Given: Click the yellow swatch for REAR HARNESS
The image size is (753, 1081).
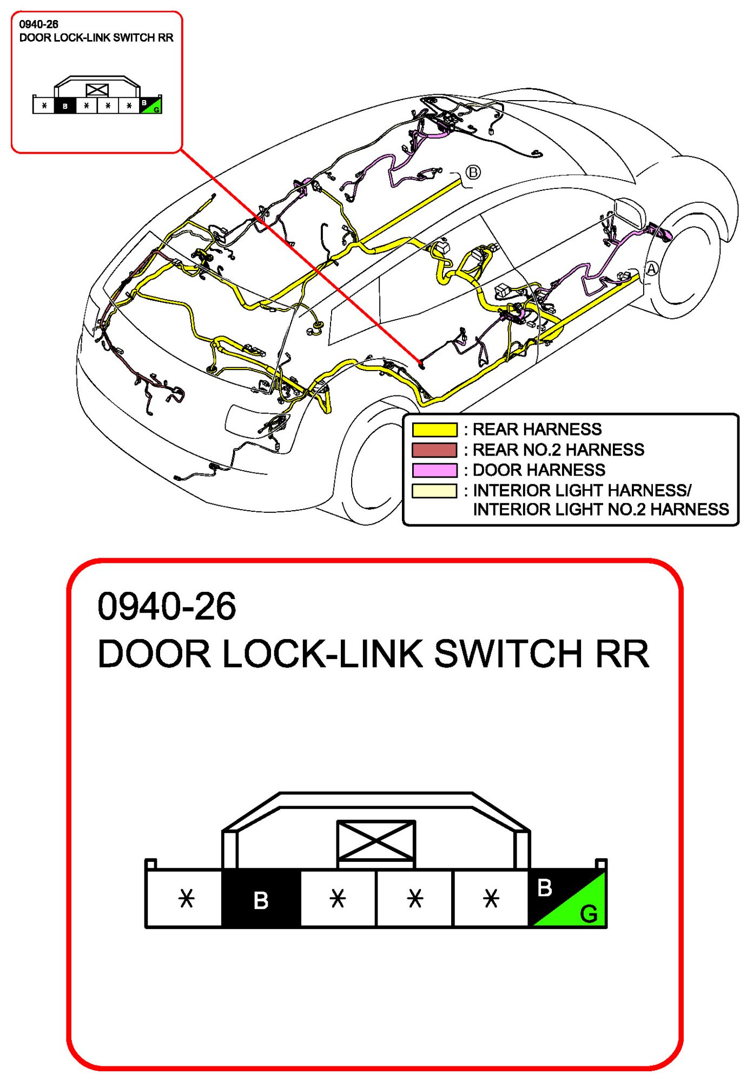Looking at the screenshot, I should pyautogui.click(x=434, y=430).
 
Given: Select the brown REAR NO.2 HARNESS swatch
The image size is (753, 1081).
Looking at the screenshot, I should pyautogui.click(x=434, y=450).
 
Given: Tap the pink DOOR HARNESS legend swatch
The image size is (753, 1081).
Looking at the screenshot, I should pyautogui.click(x=434, y=470).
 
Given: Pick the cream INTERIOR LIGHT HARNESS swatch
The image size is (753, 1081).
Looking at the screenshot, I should pyautogui.click(x=434, y=491).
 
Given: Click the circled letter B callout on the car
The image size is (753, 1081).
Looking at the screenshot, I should pyautogui.click(x=473, y=172).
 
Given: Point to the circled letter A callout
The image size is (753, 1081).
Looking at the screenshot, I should pyautogui.click(x=652, y=268).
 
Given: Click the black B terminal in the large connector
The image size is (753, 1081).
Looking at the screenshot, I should pyautogui.click(x=261, y=899).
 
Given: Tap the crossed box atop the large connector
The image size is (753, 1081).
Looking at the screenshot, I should pyautogui.click(x=376, y=840).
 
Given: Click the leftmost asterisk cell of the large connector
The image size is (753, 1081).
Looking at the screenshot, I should pyautogui.click(x=186, y=899).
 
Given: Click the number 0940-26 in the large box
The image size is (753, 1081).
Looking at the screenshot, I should pyautogui.click(x=167, y=606).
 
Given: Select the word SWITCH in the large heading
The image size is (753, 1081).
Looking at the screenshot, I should pyautogui.click(x=508, y=654).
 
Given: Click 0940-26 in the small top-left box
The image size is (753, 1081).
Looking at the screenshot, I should pyautogui.click(x=38, y=24).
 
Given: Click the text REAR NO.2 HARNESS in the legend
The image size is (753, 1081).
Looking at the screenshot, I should pyautogui.click(x=558, y=450).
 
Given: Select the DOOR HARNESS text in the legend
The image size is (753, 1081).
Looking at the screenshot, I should pyautogui.click(x=539, y=470).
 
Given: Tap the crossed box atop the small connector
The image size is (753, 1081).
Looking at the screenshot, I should pyautogui.click(x=97, y=90).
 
